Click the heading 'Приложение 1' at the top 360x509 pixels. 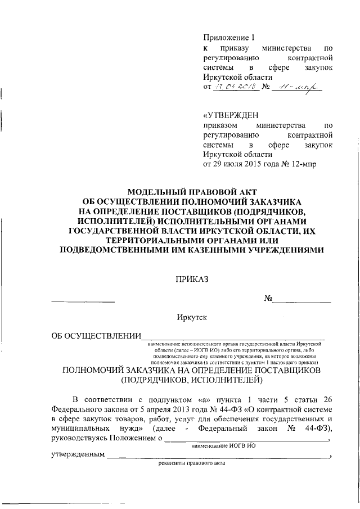[229, 38]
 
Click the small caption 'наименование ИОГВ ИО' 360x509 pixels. [223, 447]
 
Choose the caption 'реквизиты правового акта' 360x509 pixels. [191, 464]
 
